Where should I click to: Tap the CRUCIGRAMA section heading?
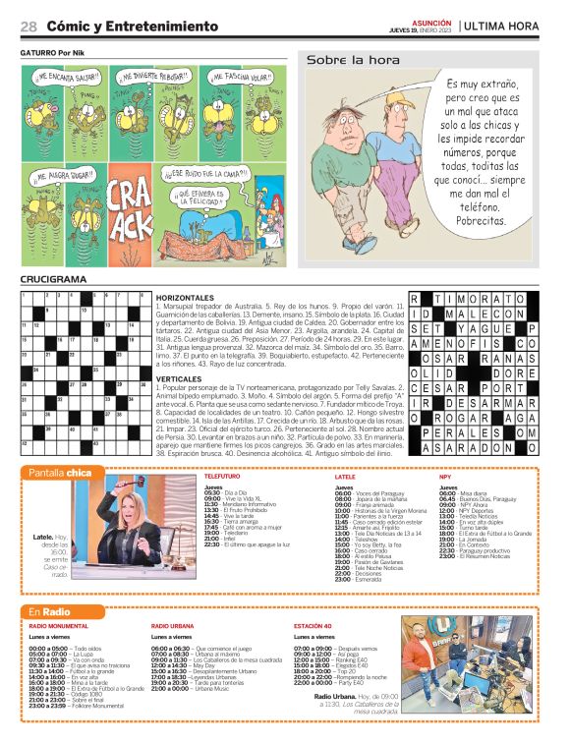point(53,280)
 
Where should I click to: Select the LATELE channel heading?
point(345,476)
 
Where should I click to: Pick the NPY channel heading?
point(445,476)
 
